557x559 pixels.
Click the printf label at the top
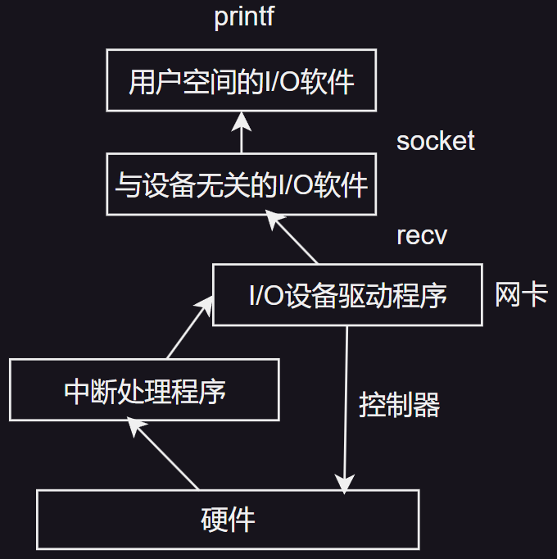click(x=243, y=17)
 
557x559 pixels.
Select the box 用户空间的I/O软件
click(x=242, y=81)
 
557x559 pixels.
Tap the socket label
click(x=435, y=141)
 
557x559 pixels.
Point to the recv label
click(x=422, y=236)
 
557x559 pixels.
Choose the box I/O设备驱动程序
click(x=347, y=295)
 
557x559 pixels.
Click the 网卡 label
click(x=520, y=295)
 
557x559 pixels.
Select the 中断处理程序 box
click(x=144, y=390)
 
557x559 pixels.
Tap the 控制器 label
click(x=399, y=405)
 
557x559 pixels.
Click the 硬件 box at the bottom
click(x=228, y=520)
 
